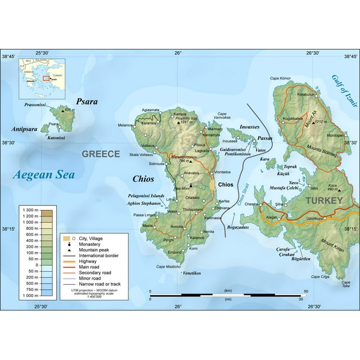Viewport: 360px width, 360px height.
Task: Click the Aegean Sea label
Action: (44, 174)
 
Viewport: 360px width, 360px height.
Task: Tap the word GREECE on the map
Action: (101, 154)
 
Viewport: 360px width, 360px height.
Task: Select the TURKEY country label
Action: (323, 200)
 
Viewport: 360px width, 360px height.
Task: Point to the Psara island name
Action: (88, 102)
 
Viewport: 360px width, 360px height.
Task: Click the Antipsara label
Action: (24, 129)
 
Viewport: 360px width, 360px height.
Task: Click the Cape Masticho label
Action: (167, 266)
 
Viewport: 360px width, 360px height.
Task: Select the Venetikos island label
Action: (192, 272)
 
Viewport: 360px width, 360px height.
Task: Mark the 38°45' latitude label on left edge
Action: (9, 56)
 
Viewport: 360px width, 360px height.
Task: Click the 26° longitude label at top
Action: (178, 53)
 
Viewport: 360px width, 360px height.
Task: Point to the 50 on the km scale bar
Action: (305, 291)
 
